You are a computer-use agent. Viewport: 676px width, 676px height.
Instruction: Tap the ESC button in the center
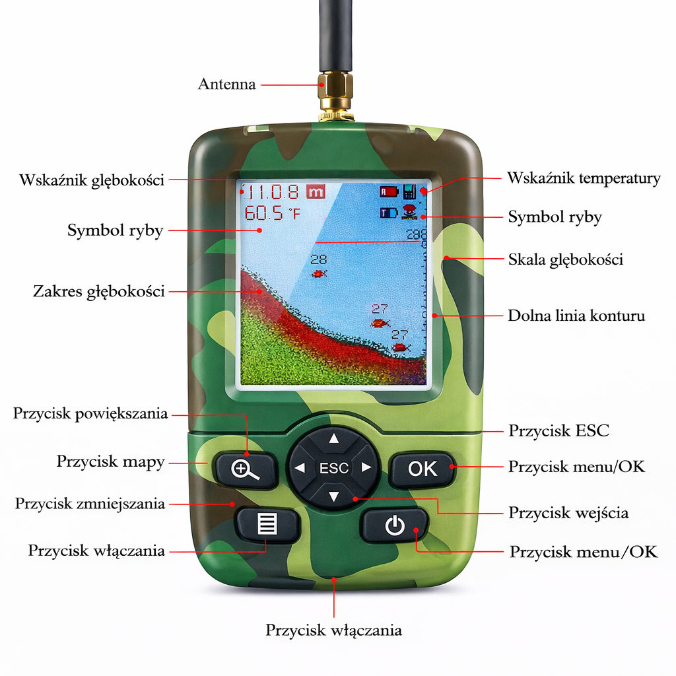(x=334, y=468)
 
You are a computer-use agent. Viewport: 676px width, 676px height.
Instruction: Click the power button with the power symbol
(x=394, y=526)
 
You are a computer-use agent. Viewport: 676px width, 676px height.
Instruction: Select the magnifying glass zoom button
(x=246, y=469)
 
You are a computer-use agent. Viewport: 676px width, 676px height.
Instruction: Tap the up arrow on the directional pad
(x=334, y=438)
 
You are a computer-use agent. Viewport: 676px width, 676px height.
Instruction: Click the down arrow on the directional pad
(x=334, y=497)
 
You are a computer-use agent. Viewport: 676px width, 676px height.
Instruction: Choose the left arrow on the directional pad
(x=300, y=468)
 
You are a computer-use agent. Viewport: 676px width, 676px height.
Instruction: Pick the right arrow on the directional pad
(x=367, y=468)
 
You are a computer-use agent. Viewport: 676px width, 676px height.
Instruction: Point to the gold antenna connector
(x=335, y=92)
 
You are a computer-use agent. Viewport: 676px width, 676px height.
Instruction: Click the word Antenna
(x=226, y=84)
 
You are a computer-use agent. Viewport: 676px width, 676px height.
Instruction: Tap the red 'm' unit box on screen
(x=316, y=192)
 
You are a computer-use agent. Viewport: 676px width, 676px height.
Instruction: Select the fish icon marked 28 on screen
(x=320, y=273)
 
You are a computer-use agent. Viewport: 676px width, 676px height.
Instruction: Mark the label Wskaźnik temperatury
(x=584, y=178)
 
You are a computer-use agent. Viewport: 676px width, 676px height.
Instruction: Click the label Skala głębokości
(x=565, y=259)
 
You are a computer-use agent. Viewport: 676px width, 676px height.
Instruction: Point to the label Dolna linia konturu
(x=576, y=316)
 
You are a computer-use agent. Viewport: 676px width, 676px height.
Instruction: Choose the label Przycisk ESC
(x=558, y=431)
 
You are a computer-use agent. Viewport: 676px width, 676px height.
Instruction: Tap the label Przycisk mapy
(x=110, y=461)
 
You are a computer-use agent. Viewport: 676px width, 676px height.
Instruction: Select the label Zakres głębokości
(x=99, y=291)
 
